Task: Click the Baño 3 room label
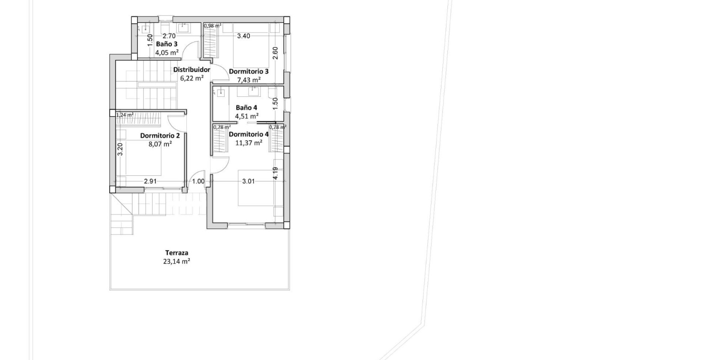click(166, 44)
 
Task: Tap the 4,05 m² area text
click(167, 53)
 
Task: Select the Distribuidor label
click(192, 69)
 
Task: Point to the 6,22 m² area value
click(192, 78)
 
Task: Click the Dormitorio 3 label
click(249, 72)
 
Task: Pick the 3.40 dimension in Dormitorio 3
click(243, 36)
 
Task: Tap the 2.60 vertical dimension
click(276, 53)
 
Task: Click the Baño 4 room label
click(246, 108)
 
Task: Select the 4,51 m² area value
click(246, 116)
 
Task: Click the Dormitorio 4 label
click(249, 134)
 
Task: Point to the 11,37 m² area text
click(249, 143)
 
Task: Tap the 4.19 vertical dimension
click(276, 173)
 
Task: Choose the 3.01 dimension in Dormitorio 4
click(248, 181)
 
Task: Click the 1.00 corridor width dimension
click(198, 181)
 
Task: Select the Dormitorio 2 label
click(160, 135)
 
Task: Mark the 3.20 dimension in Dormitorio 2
click(120, 149)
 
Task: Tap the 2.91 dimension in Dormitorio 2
click(150, 181)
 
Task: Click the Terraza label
click(177, 253)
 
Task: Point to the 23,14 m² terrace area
click(177, 261)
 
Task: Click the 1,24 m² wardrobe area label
click(125, 115)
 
